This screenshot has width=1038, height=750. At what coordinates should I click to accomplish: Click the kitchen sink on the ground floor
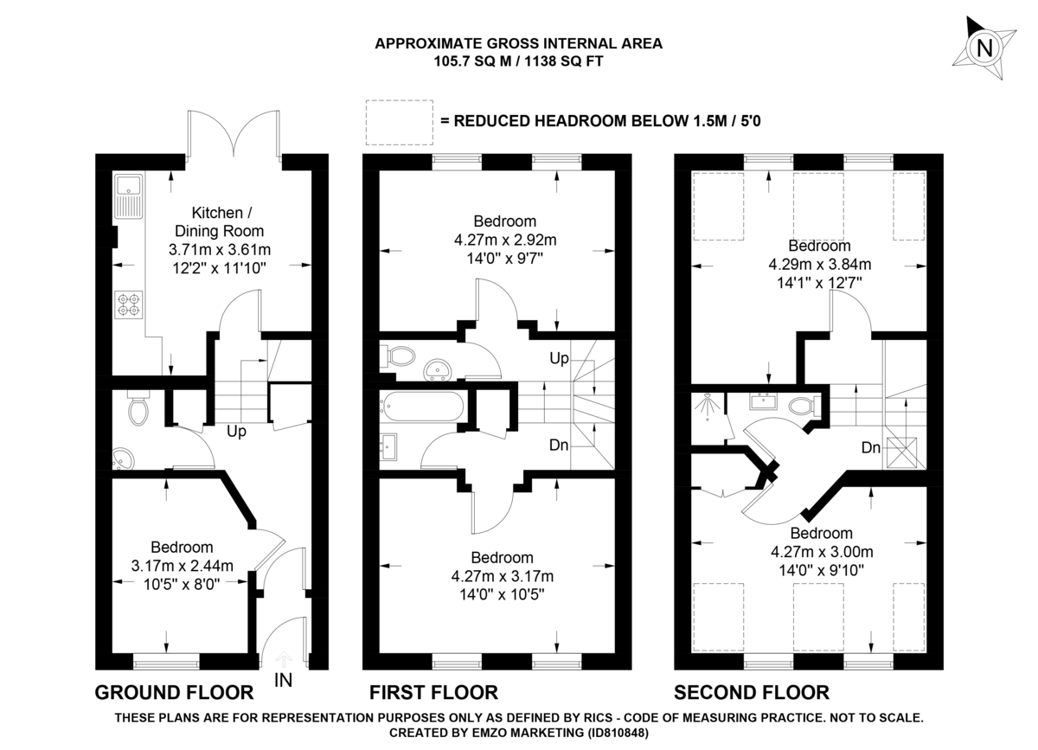(x=126, y=196)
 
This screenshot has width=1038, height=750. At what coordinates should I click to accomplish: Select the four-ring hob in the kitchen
(x=127, y=304)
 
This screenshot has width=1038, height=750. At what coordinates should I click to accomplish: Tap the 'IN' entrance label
(x=283, y=680)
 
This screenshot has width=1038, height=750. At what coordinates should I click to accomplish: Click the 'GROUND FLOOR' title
(x=174, y=692)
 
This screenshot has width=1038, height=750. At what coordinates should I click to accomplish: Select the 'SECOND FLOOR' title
(x=751, y=692)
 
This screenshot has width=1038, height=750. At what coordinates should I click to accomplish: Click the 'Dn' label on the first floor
(x=559, y=446)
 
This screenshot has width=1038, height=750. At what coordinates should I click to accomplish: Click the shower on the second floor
(x=707, y=407)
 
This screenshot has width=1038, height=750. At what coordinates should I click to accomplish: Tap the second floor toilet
(x=800, y=403)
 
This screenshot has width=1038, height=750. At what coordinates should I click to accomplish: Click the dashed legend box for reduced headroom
(x=398, y=122)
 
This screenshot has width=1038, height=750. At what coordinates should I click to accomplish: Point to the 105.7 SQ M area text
(x=472, y=61)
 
